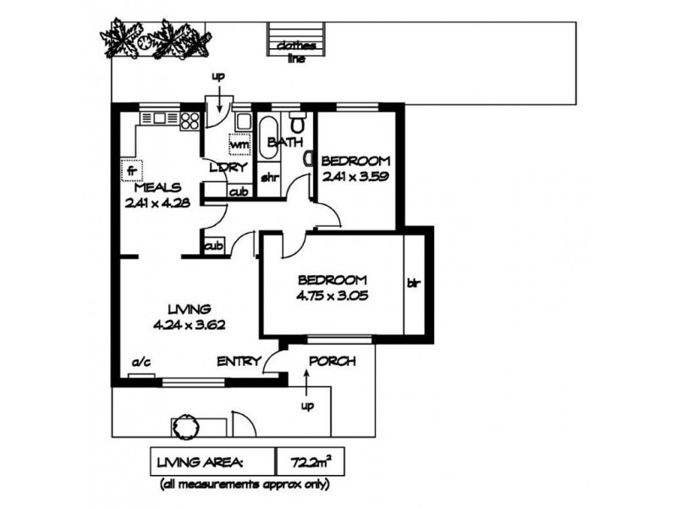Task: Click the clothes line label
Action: pos(297,52)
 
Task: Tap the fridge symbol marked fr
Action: pos(132,170)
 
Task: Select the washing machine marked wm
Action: pos(239,144)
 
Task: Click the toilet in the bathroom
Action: pos(297,122)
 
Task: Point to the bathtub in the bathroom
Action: pos(268,137)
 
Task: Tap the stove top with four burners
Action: pos(190,121)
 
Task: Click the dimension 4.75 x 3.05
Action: pos(332,295)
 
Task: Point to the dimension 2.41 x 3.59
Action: pos(355,176)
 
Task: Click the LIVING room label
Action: pos(189,309)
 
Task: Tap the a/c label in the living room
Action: pos(141,362)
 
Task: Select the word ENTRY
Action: pos(239,362)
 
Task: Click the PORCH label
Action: pos(333,361)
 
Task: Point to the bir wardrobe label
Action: pos(414,284)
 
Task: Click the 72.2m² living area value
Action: pos(311,462)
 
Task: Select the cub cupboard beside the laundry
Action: pos(239,191)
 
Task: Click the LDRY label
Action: pos(228,168)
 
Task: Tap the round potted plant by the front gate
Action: pos(186,426)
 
